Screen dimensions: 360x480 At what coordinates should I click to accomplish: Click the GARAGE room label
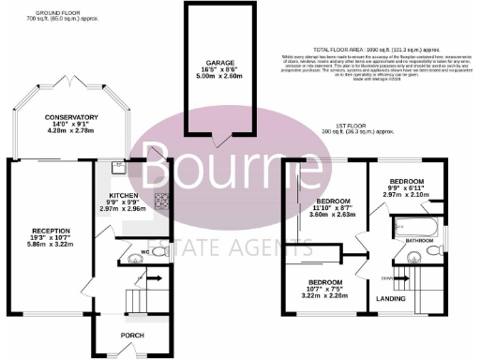tap(219, 62)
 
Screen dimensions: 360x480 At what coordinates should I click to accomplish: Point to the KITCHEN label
tap(123, 196)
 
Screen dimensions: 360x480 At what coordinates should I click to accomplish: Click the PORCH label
tap(130, 334)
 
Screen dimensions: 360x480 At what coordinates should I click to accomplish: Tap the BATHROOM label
tap(418, 241)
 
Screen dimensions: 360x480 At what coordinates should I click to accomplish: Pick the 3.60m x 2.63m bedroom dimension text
tap(333, 214)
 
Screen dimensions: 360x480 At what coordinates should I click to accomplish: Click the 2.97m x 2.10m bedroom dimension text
tap(407, 193)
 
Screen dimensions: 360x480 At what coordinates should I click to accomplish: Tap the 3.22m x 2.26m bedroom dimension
tap(323, 294)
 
